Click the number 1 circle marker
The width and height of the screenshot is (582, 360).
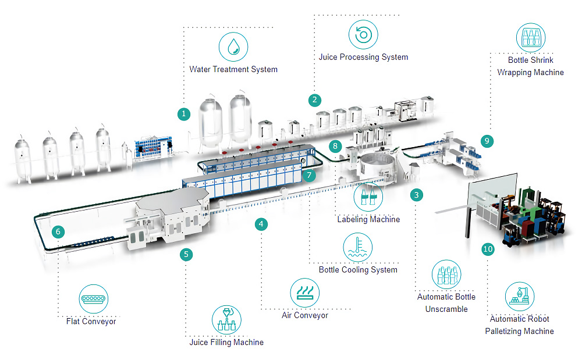tap(184, 113)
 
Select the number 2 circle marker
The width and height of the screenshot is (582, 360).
tap(315, 99)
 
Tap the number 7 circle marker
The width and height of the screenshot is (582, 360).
tap(310, 174)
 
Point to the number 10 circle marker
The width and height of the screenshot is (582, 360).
tap(488, 249)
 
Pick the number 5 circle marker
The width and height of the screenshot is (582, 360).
tap(186, 254)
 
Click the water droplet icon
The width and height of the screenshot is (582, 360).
tap(233, 47)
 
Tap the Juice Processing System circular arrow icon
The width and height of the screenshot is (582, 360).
tap(363, 34)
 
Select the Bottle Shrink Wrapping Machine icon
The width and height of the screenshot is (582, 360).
tap(530, 38)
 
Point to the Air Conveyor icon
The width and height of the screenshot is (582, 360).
tap(304, 292)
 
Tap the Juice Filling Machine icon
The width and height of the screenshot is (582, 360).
tap(226, 319)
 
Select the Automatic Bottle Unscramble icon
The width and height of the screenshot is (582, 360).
tap(446, 274)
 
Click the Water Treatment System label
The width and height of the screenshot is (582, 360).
tap(233, 69)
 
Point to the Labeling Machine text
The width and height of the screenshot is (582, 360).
tap(368, 219)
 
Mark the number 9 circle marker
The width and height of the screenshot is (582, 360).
tap(487, 140)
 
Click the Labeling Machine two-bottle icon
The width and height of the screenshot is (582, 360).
tap(368, 197)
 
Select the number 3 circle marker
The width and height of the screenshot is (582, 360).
tap(416, 195)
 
